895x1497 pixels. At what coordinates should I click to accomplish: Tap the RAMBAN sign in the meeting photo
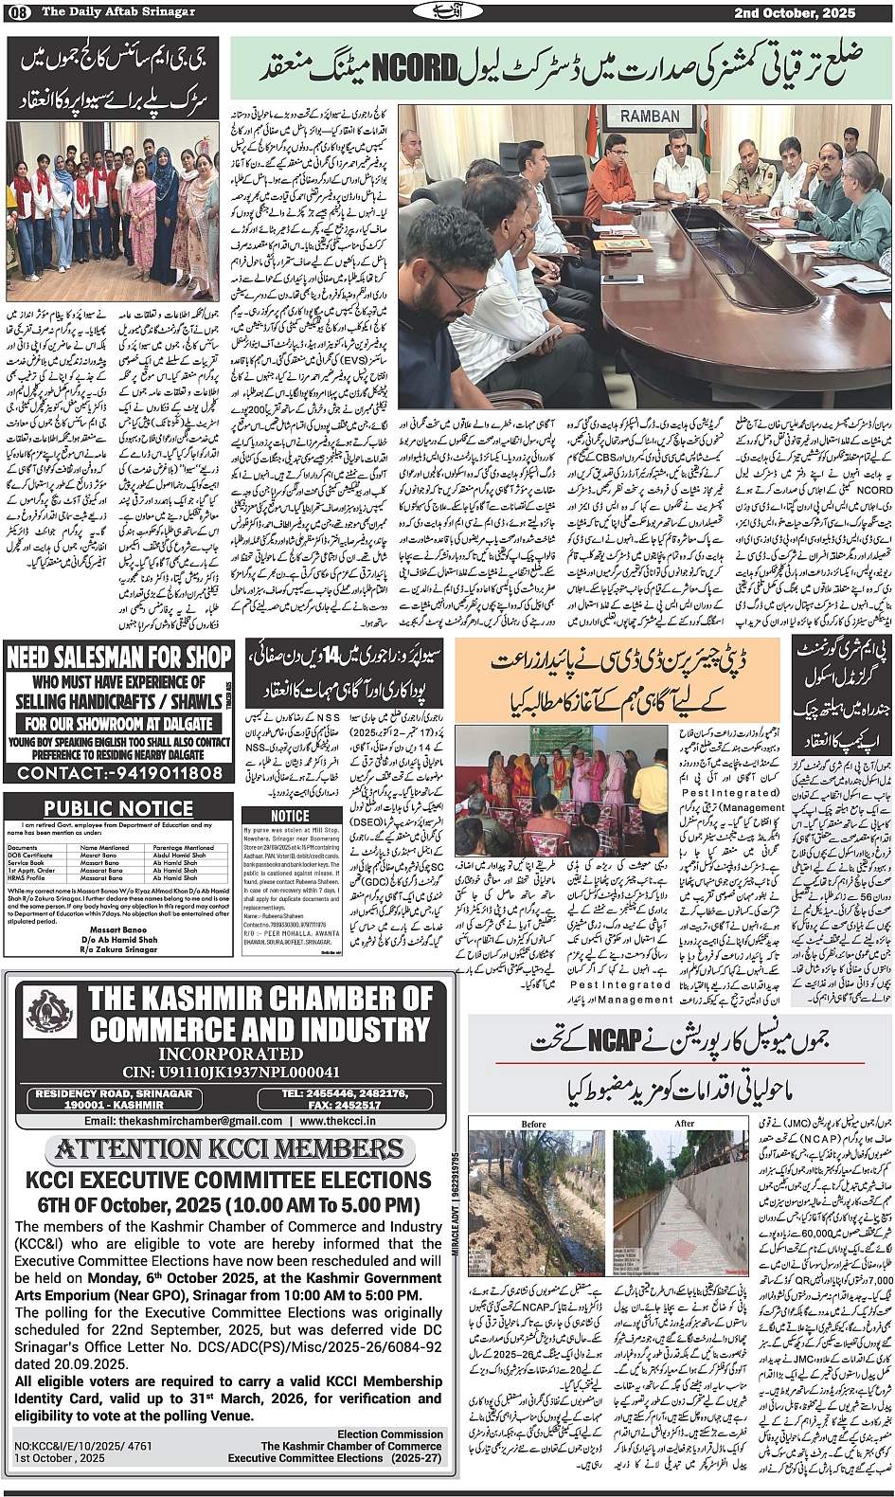[x=650, y=116]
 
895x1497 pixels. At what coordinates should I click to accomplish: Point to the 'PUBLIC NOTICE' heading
[x=118, y=808]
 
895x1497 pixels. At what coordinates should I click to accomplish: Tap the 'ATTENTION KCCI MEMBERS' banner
[x=230, y=1149]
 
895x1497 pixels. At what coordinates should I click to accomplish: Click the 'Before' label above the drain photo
[x=534, y=1124]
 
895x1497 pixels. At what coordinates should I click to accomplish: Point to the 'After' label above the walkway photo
[x=685, y=1124]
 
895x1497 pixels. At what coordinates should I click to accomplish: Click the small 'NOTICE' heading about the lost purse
[x=289, y=816]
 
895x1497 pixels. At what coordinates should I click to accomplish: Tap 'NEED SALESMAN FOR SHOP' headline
[x=118, y=657]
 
